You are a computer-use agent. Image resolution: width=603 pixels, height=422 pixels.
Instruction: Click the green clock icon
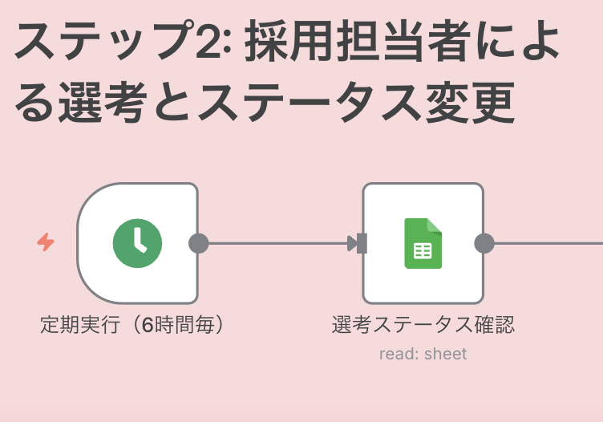137,243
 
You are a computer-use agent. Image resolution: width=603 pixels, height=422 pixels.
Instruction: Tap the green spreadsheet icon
423,243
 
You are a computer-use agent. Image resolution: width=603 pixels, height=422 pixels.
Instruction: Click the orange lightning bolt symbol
46,242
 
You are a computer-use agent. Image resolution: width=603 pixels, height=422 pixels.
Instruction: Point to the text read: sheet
423,354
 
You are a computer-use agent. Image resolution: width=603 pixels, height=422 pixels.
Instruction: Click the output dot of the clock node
198,243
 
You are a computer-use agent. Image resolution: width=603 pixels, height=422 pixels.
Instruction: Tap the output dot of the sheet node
484,243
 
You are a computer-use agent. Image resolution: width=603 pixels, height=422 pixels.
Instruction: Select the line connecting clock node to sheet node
273,243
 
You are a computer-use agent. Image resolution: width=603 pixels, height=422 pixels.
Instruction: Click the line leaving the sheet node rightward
545,243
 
